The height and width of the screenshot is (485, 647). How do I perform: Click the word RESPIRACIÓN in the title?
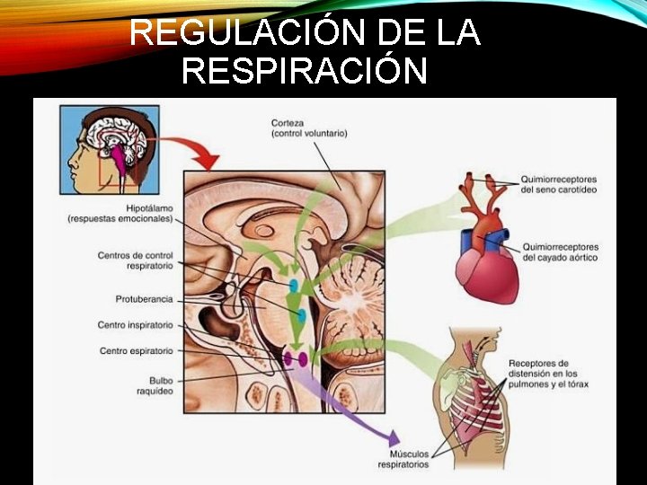[x=304, y=69]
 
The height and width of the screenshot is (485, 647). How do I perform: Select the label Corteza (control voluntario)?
[x=308, y=128]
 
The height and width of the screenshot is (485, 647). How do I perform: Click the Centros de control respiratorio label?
[x=135, y=260]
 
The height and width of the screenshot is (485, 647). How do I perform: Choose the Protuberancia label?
[x=143, y=298]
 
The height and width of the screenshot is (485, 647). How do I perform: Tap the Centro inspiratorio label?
[x=135, y=324]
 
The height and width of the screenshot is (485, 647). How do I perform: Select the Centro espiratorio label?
[x=136, y=350]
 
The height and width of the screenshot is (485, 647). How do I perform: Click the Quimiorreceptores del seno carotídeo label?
[x=559, y=184]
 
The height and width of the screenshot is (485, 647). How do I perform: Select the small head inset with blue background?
[x=109, y=149]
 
